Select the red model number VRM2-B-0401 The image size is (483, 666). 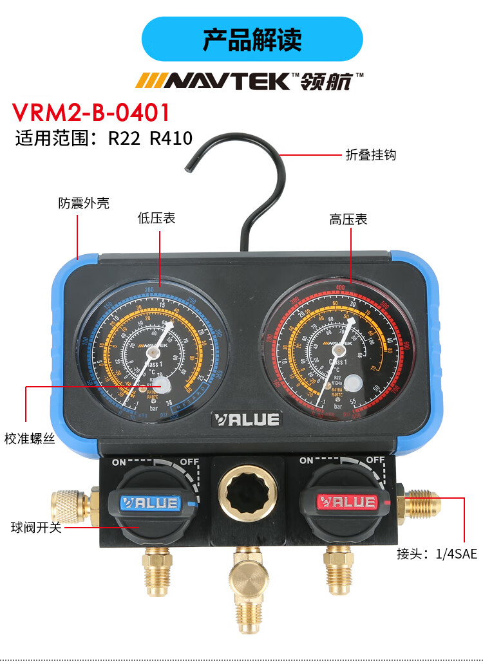[x=91, y=113]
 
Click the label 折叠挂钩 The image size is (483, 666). [x=370, y=154]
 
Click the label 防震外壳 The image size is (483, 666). [x=84, y=203]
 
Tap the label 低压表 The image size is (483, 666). [x=156, y=218]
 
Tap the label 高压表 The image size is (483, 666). [x=348, y=219]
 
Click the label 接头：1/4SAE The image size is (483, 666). [x=437, y=553]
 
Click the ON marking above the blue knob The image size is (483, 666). [x=119, y=462]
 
